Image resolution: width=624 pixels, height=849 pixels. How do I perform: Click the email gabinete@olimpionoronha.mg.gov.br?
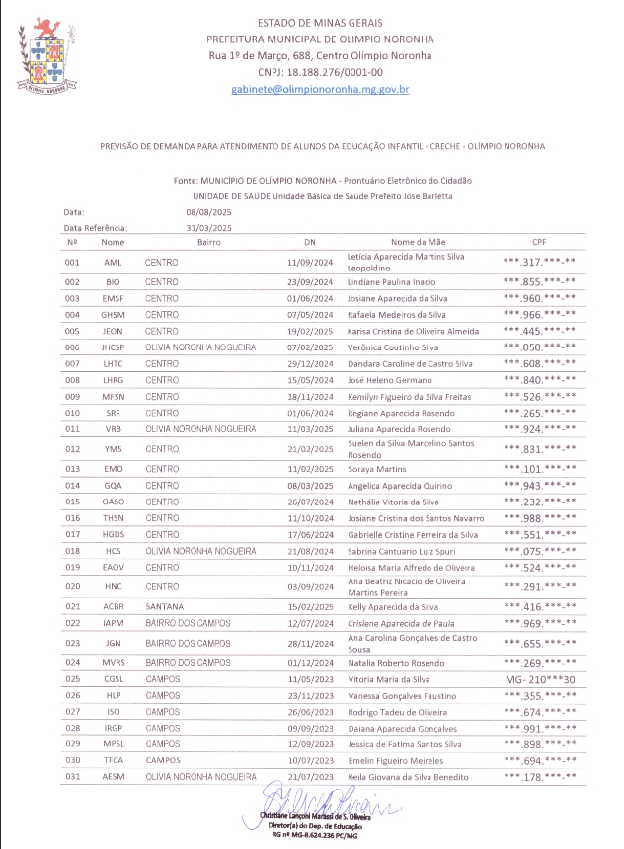tap(320, 89)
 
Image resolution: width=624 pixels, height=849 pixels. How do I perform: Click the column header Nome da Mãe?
tap(418, 242)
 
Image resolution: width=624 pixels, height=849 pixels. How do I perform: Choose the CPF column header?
tap(539, 242)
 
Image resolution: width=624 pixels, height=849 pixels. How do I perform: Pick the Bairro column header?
tap(208, 242)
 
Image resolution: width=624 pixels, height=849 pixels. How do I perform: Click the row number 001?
tap(71, 262)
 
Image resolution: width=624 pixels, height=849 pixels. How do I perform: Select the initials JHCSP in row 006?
tap(113, 347)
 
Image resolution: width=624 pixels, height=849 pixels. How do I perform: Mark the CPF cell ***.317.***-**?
tap(539, 262)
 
